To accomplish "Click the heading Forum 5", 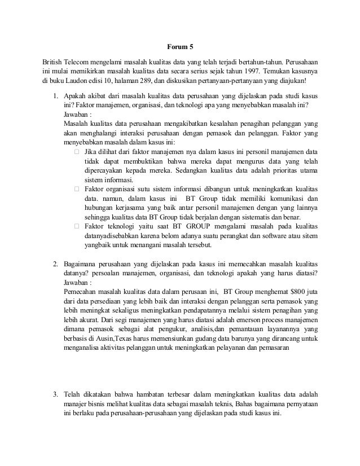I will (180, 47).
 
